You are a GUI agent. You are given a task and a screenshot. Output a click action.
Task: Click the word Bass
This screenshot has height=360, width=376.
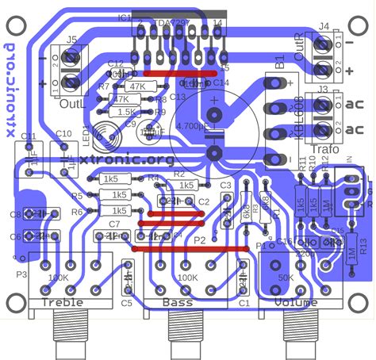(x=177, y=302)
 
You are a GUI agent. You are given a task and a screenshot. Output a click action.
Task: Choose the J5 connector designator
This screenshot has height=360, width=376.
(x=71, y=39)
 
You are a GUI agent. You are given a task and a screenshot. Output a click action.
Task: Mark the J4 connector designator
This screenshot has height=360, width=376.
(x=324, y=26)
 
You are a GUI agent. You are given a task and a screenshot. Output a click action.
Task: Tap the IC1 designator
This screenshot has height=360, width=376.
(x=124, y=17)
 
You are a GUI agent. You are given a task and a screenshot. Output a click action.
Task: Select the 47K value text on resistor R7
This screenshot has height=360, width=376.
(x=136, y=86)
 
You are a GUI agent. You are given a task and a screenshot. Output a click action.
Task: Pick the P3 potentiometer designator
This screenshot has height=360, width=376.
(x=21, y=274)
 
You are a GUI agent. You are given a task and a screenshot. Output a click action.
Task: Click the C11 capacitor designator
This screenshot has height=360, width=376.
(x=29, y=136)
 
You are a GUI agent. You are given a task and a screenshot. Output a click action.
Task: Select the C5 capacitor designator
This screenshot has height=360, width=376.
(x=127, y=303)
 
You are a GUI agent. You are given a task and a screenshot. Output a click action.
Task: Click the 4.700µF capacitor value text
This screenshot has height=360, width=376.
(x=213, y=126)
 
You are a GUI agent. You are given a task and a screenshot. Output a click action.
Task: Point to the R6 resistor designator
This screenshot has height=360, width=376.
(x=77, y=212)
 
